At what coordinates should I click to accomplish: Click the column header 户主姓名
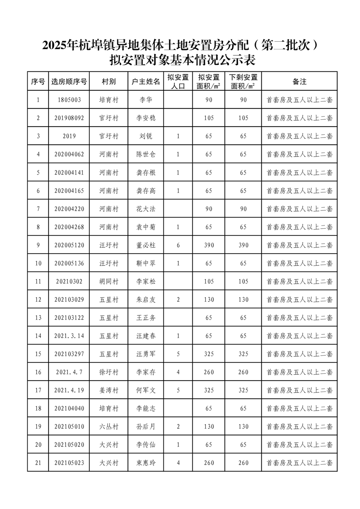coord(146,82)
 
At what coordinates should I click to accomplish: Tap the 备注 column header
coord(300,82)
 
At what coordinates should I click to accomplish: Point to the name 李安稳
coord(146,118)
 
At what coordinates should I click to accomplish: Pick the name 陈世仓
coord(146,154)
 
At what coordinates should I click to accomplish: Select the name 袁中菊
coord(146,227)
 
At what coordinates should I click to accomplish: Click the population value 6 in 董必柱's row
coord(178,245)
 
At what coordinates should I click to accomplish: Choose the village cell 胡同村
coord(109,281)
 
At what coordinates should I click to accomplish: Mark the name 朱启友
coord(146,299)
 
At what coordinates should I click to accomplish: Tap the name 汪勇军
coord(146,354)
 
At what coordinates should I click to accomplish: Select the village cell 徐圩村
coord(109,372)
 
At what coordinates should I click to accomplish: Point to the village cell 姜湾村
coord(109,390)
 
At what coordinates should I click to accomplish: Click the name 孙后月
coord(146,426)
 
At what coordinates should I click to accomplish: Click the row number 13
coord(38,318)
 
